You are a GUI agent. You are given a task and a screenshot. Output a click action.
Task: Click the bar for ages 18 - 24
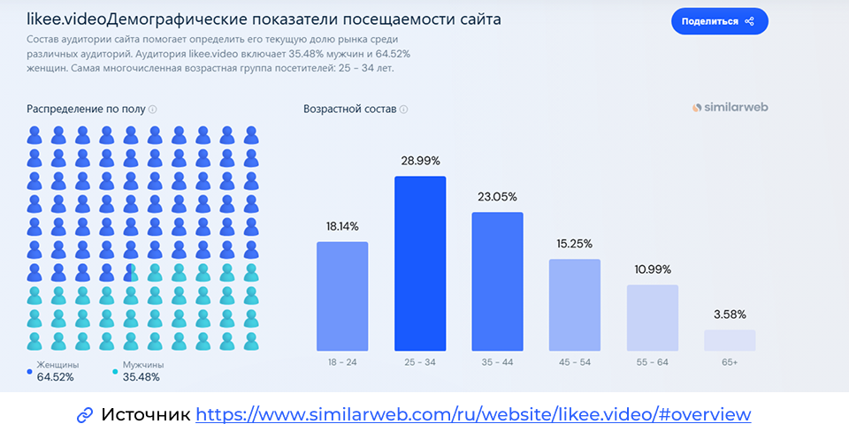tap(342, 296)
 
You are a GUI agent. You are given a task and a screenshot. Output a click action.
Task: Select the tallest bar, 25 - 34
tap(420, 263)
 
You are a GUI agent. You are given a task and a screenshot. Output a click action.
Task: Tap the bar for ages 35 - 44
tap(497, 281)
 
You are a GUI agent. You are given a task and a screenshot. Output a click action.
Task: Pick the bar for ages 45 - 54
tap(575, 305)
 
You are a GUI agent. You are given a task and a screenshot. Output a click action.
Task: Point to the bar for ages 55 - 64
tap(653, 317)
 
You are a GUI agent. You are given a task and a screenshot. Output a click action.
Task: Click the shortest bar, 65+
tap(730, 340)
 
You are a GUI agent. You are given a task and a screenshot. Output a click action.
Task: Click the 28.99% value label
tap(420, 162)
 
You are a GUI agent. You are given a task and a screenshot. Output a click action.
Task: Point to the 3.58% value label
tap(730, 314)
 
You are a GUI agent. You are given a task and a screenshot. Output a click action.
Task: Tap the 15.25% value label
tap(575, 244)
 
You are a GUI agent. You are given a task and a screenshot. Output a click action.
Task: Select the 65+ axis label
tap(730, 363)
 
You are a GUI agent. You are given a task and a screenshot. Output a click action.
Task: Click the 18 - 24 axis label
tap(342, 363)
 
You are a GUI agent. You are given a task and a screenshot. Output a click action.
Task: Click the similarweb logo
tap(730, 108)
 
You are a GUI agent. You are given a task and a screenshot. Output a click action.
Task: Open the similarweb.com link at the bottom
tap(473, 414)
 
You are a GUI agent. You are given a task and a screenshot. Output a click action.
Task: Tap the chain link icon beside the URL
tap(86, 414)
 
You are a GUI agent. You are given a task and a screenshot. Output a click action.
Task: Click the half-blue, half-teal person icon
tap(130, 272)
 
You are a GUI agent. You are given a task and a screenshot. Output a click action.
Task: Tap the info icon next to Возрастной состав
tap(404, 110)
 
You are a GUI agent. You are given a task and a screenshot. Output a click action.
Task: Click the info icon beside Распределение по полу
tap(153, 110)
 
